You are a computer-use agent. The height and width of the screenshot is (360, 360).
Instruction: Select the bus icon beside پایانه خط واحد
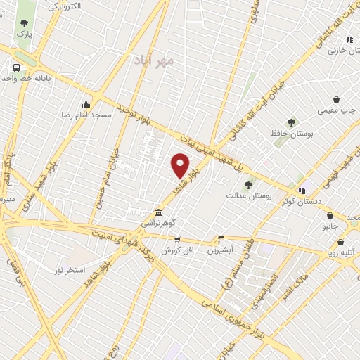15,68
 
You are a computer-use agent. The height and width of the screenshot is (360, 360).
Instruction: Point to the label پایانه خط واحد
28,78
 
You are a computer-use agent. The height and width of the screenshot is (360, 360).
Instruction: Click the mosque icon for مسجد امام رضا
86,104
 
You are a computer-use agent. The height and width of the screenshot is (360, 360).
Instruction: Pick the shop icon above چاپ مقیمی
337,100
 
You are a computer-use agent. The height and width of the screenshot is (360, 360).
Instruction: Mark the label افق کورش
176,251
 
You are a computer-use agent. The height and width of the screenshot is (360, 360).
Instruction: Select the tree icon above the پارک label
24,23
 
